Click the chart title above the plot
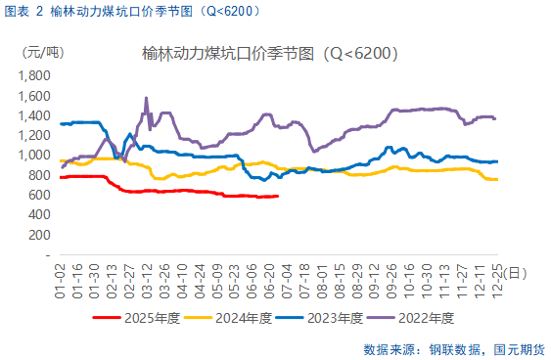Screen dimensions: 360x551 point(269,53)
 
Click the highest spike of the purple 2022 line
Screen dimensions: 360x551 point(146,98)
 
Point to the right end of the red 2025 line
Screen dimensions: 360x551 point(278,196)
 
